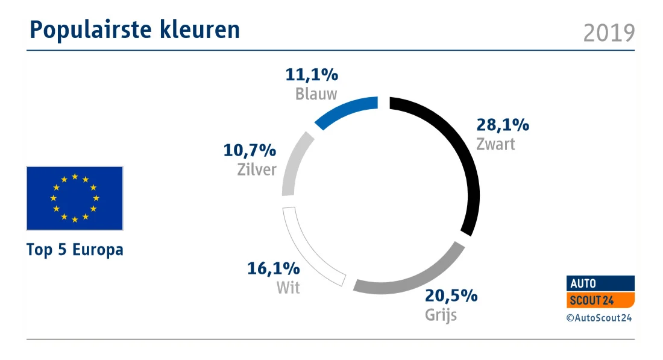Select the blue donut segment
pyautogui.click(x=345, y=111)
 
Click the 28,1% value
pyautogui.click(x=503, y=125)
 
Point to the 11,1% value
pyautogui.click(x=312, y=75)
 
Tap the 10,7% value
pyautogui.click(x=250, y=150)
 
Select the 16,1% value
pyautogui.click(x=273, y=268)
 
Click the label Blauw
pyautogui.click(x=316, y=95)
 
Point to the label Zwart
pyautogui.click(x=495, y=145)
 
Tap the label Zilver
pyautogui.click(x=257, y=169)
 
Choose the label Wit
pyautogui.click(x=288, y=288)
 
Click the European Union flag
pyautogui.click(x=75, y=198)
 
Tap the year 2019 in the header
pyautogui.click(x=609, y=33)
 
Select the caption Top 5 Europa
pyautogui.click(x=75, y=250)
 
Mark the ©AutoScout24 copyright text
pyautogui.click(x=599, y=318)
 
